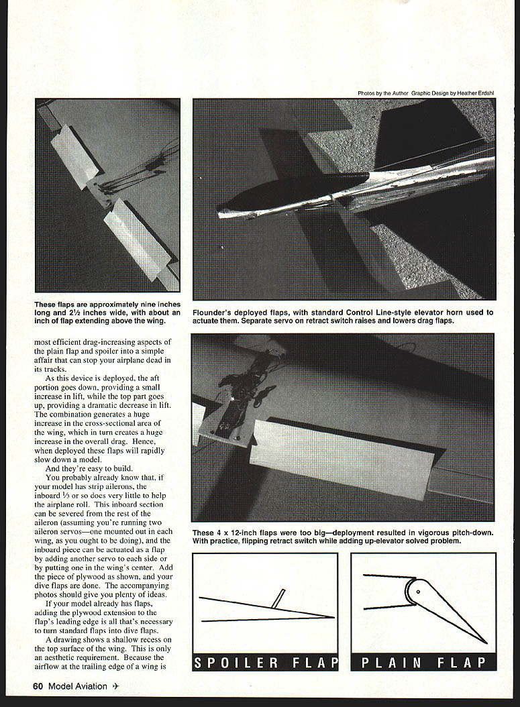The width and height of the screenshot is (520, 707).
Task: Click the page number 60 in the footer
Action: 38,686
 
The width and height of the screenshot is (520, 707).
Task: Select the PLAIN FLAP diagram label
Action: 423,662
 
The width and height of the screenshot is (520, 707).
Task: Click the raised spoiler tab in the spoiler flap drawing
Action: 278,598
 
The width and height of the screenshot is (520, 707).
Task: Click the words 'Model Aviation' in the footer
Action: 79,686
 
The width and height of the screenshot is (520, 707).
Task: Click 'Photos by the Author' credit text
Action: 382,93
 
